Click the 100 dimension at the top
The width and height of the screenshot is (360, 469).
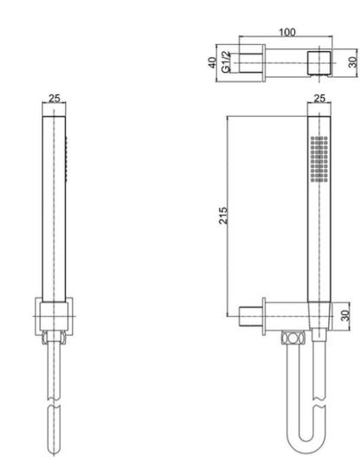coord(287,32)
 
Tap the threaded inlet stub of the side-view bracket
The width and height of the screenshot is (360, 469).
coord(246,316)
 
